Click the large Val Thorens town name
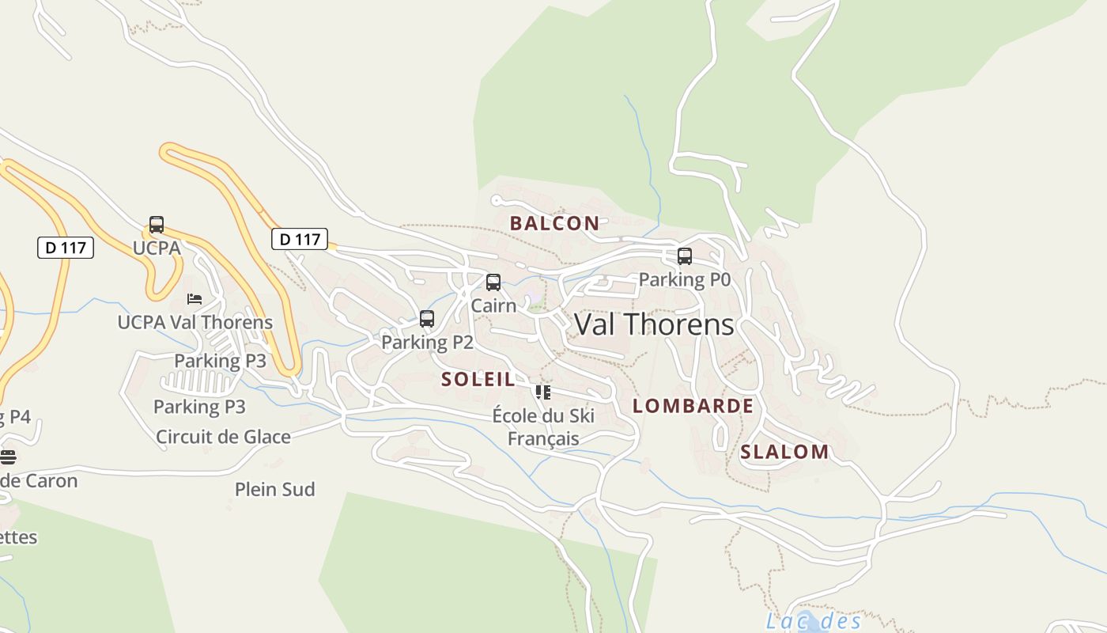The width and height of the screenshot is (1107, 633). point(654,325)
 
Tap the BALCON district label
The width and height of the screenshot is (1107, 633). point(554,223)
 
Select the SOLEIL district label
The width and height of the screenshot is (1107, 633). point(478,379)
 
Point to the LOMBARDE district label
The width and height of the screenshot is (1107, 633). point(693,406)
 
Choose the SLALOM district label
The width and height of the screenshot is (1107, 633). point(784,452)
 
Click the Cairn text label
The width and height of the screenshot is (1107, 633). point(493,305)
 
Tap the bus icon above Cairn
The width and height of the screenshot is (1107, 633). point(493,282)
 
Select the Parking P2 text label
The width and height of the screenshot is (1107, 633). point(427,343)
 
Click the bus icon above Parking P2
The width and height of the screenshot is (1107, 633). point(427,319)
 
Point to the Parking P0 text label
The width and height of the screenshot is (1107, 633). point(685,279)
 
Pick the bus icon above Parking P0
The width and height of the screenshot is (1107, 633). point(685,256)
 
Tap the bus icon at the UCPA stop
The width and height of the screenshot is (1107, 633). point(157,225)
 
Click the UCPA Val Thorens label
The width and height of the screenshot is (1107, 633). point(195,323)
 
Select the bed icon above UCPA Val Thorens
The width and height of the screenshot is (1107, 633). point(195,299)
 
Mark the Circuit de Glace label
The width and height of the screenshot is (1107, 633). point(223,437)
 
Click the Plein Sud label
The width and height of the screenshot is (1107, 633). point(275,490)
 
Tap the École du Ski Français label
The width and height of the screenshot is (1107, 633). point(543,427)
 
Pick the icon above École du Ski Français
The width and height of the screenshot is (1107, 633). point(542,392)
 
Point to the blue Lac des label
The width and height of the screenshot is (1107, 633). point(814,621)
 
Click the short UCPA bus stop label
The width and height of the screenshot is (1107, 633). point(157,248)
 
